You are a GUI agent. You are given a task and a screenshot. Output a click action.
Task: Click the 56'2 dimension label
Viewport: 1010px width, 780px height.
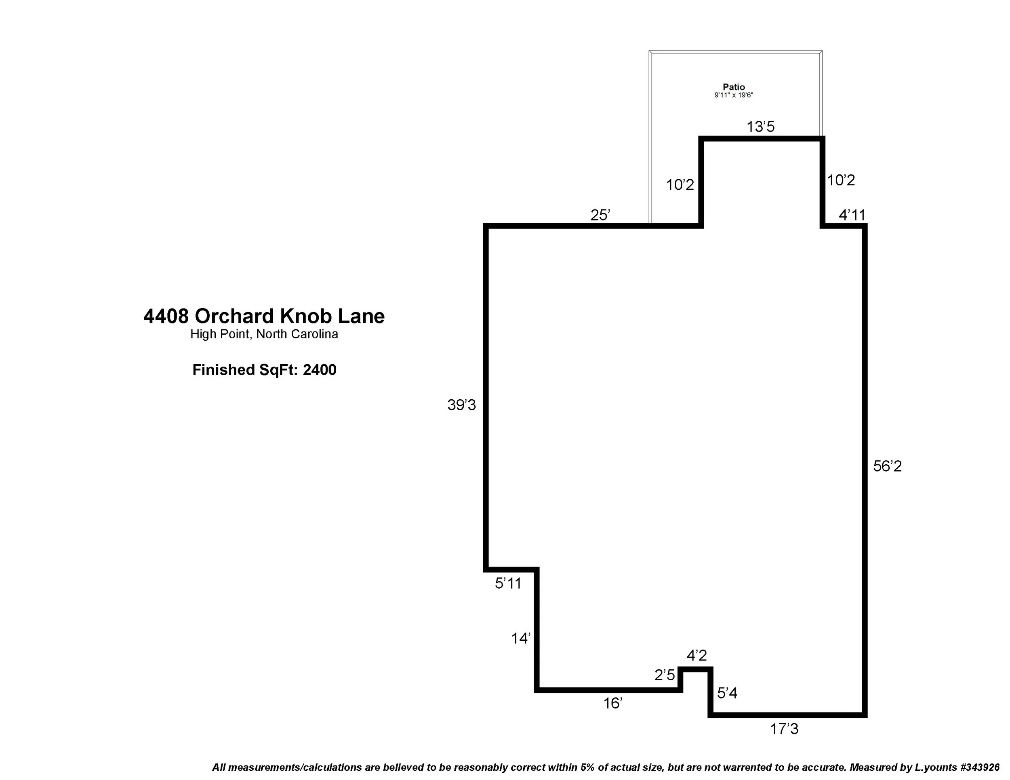pyautogui.click(x=887, y=466)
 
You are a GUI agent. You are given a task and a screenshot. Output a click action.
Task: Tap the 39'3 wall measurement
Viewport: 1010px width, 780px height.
pyautogui.click(x=461, y=405)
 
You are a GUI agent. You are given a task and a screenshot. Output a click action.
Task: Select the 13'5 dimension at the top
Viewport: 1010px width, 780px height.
pyautogui.click(x=760, y=127)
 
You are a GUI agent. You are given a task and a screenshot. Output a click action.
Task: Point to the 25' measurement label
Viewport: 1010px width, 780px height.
pyautogui.click(x=600, y=215)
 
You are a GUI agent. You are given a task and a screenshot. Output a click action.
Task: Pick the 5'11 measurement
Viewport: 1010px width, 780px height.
pyautogui.click(x=508, y=584)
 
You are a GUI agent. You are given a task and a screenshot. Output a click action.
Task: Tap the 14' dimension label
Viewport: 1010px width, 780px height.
pyautogui.click(x=520, y=639)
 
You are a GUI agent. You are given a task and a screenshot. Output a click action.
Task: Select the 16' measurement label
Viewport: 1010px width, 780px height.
pyautogui.click(x=612, y=703)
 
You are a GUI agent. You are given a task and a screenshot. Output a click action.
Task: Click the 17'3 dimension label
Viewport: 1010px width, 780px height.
pyautogui.click(x=784, y=729)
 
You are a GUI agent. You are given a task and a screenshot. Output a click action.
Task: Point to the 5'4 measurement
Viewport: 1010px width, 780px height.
pyautogui.click(x=727, y=693)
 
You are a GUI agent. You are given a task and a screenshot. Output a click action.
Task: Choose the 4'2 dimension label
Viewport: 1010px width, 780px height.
pyautogui.click(x=696, y=655)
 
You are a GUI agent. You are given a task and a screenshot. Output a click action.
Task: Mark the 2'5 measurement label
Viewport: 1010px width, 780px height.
pyautogui.click(x=665, y=675)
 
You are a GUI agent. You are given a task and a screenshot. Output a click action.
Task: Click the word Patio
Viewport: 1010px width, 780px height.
pyautogui.click(x=734, y=87)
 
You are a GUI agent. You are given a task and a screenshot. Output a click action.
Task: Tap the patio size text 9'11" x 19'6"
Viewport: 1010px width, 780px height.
pyautogui.click(x=734, y=95)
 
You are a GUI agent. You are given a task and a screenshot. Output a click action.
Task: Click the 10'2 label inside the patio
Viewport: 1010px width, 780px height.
pyautogui.click(x=680, y=185)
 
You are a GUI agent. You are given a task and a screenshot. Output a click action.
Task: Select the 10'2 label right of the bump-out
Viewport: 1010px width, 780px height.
pyautogui.click(x=840, y=180)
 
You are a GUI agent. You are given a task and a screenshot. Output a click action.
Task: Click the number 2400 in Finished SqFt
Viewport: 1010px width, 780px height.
pyautogui.click(x=319, y=370)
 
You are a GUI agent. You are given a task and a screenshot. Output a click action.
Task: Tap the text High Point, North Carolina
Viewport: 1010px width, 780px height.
pyautogui.click(x=264, y=334)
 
